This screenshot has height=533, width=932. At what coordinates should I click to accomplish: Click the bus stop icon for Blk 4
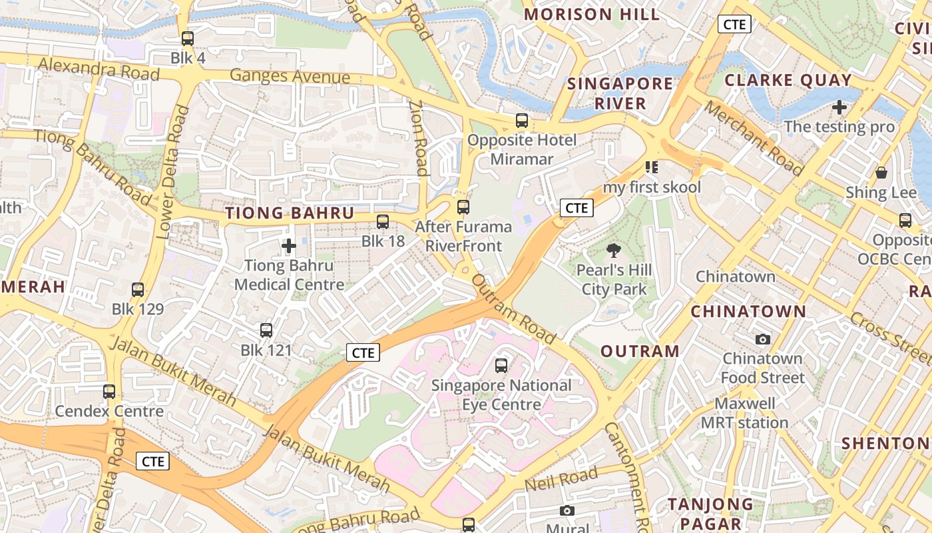pos(188,39)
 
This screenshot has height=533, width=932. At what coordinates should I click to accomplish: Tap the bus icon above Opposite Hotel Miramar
pos(522,121)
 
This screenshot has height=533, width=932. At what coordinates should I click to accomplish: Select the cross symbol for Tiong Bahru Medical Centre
pos(289,247)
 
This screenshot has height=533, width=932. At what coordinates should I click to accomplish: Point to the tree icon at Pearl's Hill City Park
pos(613,251)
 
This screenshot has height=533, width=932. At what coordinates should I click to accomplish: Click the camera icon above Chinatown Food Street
pos(763,339)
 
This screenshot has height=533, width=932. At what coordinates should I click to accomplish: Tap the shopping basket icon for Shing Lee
pos(881,173)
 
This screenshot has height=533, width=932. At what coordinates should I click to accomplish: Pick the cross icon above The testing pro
pos(839,107)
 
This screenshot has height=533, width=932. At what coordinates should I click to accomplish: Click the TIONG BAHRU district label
pos(290,213)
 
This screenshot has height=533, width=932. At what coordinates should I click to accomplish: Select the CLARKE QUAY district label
pos(788,81)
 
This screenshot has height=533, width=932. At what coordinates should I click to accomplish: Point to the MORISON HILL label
pos(592,15)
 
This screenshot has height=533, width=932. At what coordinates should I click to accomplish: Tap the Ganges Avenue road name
pos(290,76)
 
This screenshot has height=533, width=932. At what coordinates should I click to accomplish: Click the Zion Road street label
pos(417,138)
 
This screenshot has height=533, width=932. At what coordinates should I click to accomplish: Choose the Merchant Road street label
pos(754,138)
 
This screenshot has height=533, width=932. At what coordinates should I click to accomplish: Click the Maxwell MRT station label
pos(744,413)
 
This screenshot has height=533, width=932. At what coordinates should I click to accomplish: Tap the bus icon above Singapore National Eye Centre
pos(501,365)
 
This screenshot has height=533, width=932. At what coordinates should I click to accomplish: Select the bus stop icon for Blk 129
pos(138,290)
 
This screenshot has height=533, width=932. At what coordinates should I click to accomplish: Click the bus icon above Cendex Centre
pos(109,392)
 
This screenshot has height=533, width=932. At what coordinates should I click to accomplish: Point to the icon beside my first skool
pos(651,167)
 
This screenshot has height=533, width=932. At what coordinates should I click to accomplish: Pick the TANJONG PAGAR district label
pos(710,514)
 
